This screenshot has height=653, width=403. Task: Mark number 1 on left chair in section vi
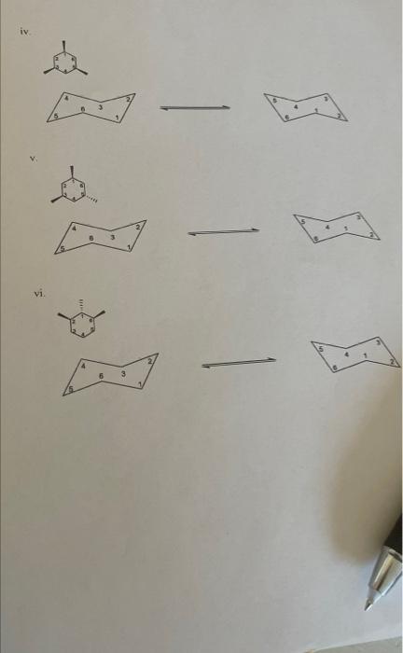click(x=138, y=383)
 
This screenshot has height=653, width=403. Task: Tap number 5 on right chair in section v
click(x=302, y=221)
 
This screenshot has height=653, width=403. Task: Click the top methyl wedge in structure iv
click(x=64, y=45)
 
